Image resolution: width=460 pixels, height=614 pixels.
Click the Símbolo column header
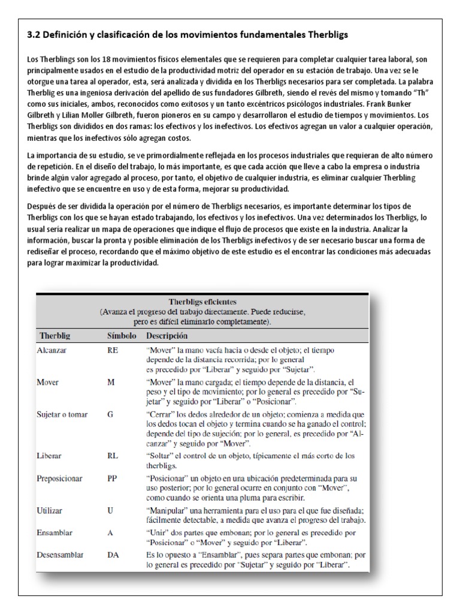click(122, 336)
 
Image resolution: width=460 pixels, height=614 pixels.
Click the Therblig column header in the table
click(56, 336)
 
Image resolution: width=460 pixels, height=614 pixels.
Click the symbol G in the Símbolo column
click(110, 414)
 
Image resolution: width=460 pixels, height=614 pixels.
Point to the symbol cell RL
click(112, 455)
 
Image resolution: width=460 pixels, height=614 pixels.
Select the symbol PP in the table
click(112, 479)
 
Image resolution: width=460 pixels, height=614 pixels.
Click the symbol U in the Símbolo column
click(110, 511)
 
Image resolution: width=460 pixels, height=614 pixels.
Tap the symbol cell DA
click(113, 555)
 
